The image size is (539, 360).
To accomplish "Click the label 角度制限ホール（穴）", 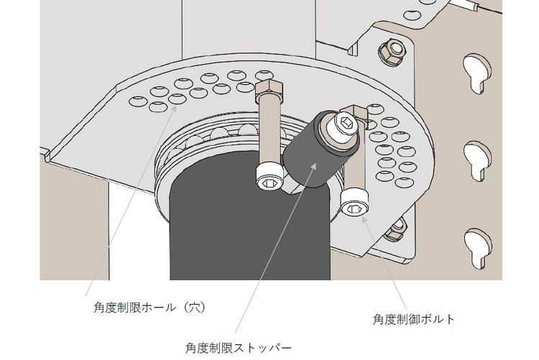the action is coord(150,307).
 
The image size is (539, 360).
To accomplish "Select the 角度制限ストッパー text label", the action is coord(238,348).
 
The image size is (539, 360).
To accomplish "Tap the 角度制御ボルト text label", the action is coord(414,319).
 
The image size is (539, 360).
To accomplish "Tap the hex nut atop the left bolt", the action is coord(269,89).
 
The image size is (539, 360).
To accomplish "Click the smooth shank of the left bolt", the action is coord(269,131).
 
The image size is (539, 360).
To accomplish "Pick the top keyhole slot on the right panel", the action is coord(476,73).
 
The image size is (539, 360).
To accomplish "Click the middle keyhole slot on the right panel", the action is coord(477,161).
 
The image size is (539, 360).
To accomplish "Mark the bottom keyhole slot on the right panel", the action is coord(478,248).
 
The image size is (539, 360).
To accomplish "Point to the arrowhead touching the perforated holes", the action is coord(174,109).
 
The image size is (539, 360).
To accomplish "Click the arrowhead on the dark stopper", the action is coord(313,167).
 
